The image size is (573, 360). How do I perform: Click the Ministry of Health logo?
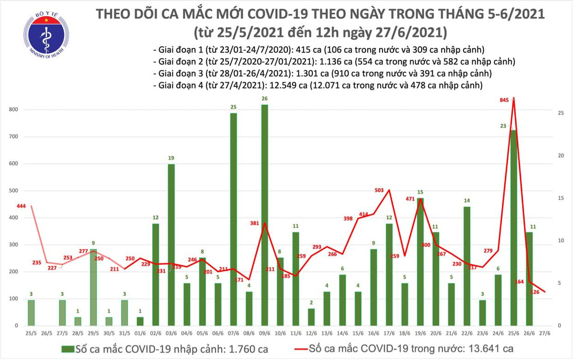coord(46,32)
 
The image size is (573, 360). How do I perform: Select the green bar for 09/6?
coord(264,215)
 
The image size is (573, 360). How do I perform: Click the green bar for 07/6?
coord(233,220)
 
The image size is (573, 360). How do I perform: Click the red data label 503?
coord(379,191)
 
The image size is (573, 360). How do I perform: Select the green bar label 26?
coord(264,99)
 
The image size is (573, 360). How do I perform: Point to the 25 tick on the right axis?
coord(562,113)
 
